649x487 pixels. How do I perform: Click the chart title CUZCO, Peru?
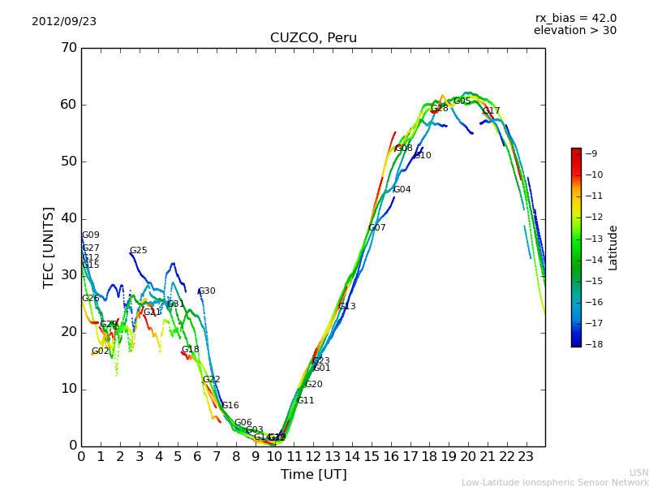click(x=313, y=38)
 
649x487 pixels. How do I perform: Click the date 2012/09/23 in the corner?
click(x=64, y=22)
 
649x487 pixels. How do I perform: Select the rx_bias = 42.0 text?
click(x=576, y=19)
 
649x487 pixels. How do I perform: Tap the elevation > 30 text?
click(x=574, y=31)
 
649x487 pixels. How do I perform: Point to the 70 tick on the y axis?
click(x=69, y=48)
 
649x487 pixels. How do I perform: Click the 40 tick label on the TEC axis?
click(x=69, y=218)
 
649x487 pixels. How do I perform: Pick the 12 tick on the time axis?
click(x=313, y=458)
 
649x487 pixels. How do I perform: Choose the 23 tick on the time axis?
click(x=526, y=458)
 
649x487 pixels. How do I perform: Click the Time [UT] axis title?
click(x=313, y=475)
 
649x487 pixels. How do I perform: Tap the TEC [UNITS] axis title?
click(x=49, y=247)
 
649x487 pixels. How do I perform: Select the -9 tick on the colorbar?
click(x=591, y=153)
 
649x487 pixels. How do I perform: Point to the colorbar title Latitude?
click(x=613, y=247)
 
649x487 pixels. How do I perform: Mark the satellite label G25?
click(x=139, y=251)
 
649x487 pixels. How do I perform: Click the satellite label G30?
click(x=207, y=291)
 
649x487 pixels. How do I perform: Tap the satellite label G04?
click(x=402, y=190)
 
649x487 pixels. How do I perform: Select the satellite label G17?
click(x=492, y=111)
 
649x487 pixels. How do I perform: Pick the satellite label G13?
click(x=347, y=307)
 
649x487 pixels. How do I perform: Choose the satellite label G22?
click(x=212, y=380)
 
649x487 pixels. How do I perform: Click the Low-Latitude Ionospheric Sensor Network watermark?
click(x=555, y=483)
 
